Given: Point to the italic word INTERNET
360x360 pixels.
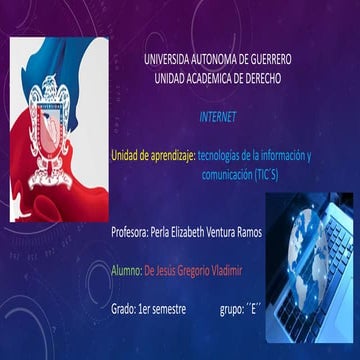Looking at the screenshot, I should pyautogui.click(x=218, y=117).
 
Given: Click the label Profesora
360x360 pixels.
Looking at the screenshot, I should pyautogui.click(x=128, y=232).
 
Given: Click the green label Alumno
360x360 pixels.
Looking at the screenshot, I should pyautogui.click(x=126, y=270).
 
